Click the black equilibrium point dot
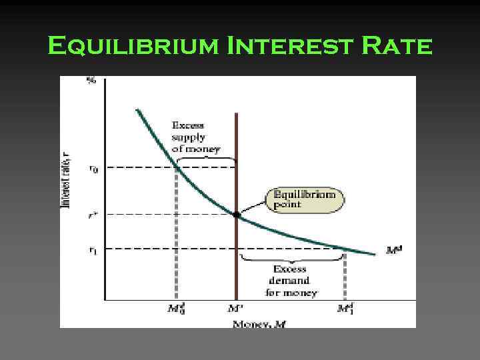(x=237, y=215)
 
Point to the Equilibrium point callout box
(x=304, y=199)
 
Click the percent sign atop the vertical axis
(x=91, y=81)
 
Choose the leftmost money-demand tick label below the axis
(x=175, y=309)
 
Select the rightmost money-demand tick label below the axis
(x=345, y=309)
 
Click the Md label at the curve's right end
(x=394, y=251)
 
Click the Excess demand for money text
(x=289, y=281)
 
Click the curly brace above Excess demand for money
(x=291, y=257)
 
